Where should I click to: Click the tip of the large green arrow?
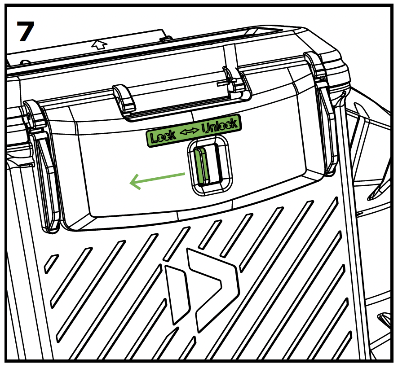(x=130, y=182)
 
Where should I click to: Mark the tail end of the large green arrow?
(x=185, y=174)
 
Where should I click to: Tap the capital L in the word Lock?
(x=154, y=138)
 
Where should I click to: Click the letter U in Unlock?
(x=206, y=128)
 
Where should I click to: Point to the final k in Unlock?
(x=233, y=123)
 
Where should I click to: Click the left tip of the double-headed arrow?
(x=180, y=133)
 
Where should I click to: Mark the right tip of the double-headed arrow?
(x=199, y=130)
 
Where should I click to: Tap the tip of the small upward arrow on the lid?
(x=97, y=40)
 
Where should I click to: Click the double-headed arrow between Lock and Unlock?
(x=190, y=131)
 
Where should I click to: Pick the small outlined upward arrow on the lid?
(x=100, y=44)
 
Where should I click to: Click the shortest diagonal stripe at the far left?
(x=51, y=264)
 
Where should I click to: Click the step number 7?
(x=26, y=31)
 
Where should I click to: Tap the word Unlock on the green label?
(x=220, y=126)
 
